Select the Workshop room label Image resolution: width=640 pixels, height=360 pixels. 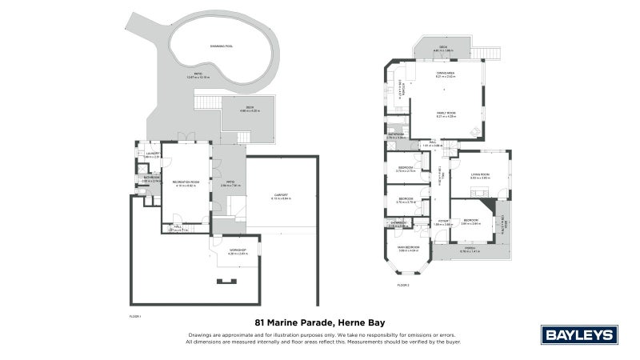tap(238, 251)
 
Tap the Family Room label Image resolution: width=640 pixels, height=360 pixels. tap(445, 114)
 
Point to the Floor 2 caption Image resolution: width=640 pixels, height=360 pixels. tap(402, 285)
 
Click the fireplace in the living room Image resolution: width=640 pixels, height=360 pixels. tap(479, 191)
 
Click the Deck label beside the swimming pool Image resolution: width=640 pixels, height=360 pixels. tap(245, 109)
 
